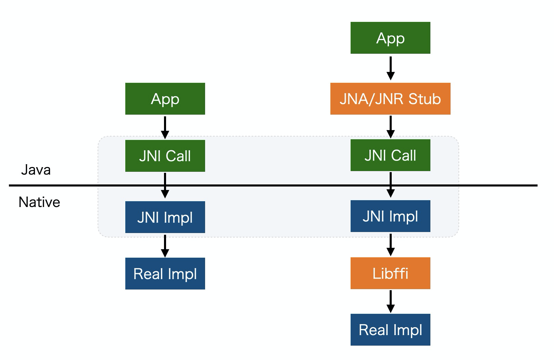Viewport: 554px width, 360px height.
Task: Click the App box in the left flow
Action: coord(165,99)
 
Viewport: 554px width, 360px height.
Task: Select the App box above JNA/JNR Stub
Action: coord(390,38)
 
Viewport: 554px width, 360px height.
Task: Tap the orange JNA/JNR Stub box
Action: coord(390,99)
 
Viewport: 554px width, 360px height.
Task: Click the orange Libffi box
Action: coord(390,273)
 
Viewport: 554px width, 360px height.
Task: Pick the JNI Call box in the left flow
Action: coord(165,156)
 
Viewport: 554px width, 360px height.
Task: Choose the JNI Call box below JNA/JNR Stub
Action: coord(390,155)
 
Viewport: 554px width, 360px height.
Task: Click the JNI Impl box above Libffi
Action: coord(390,216)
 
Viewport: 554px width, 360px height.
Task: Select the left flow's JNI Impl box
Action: coord(165,217)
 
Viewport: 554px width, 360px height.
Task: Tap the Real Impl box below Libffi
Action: coord(390,330)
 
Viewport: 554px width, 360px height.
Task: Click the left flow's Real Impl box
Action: coord(165,273)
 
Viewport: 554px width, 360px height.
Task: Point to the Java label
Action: coord(36,170)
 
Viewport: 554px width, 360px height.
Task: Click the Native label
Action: coord(39,202)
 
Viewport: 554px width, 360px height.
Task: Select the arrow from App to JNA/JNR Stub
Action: coord(391,68)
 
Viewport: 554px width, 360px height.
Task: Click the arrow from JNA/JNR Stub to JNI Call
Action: coord(391,127)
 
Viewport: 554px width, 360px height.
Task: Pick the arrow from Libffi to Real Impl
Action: coord(391,301)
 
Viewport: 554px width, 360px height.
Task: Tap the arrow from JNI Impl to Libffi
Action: coord(391,245)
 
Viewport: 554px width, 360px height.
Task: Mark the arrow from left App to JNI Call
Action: coord(165,128)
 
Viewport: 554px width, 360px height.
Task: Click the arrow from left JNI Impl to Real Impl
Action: coord(165,246)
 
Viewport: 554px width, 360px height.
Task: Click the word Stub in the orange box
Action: coord(425,99)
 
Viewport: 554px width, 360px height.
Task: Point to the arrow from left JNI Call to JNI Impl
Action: coord(165,185)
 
